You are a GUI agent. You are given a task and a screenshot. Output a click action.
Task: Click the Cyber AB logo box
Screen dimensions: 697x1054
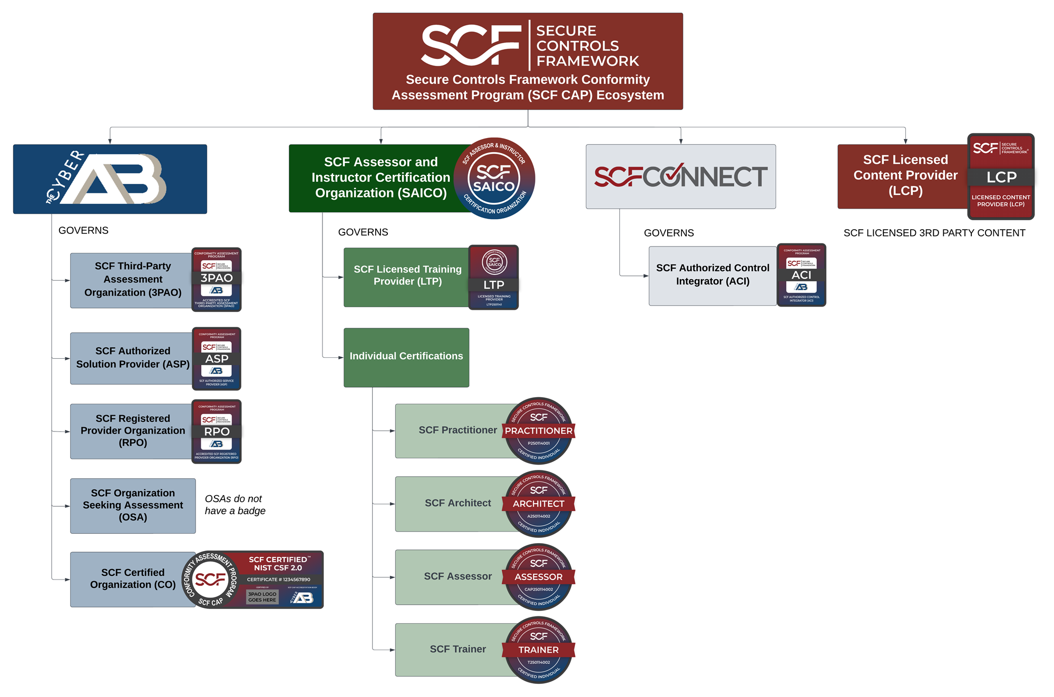(x=110, y=179)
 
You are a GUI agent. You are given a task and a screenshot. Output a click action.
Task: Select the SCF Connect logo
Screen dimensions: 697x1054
(x=680, y=176)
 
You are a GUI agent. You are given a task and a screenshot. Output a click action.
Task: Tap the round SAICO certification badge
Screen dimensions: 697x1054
(x=494, y=179)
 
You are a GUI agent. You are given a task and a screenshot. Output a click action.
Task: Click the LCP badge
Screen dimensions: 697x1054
(x=1001, y=176)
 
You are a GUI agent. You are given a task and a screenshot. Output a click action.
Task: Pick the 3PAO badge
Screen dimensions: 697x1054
(x=217, y=279)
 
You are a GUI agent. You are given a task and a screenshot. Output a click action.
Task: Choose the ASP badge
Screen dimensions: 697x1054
(x=217, y=359)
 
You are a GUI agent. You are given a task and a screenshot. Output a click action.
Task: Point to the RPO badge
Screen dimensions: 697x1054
(x=217, y=431)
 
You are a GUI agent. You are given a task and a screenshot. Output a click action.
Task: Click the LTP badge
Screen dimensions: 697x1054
(x=494, y=277)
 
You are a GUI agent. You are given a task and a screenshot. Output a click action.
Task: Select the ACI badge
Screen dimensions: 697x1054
(x=802, y=275)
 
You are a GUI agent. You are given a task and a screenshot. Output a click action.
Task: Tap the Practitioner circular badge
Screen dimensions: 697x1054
(x=539, y=430)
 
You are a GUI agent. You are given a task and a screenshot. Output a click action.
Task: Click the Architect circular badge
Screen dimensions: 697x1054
(x=539, y=504)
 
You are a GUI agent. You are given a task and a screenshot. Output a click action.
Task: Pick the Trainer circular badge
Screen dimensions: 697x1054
(x=539, y=650)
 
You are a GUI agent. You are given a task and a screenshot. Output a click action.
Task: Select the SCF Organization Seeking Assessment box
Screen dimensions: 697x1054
(x=133, y=505)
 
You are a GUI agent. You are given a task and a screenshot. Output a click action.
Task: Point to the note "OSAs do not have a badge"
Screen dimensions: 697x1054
(x=235, y=505)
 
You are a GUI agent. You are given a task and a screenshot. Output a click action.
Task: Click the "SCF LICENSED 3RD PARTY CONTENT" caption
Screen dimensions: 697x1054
(x=934, y=233)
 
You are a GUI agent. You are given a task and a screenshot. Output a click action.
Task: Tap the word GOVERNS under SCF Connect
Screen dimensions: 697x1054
(x=669, y=233)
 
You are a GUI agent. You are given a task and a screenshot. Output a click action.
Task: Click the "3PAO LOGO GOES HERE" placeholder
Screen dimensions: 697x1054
(x=262, y=597)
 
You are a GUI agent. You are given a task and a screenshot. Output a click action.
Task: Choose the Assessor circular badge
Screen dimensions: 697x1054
(x=539, y=577)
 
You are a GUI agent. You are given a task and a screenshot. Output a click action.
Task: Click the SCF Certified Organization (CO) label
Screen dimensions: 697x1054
(x=133, y=578)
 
